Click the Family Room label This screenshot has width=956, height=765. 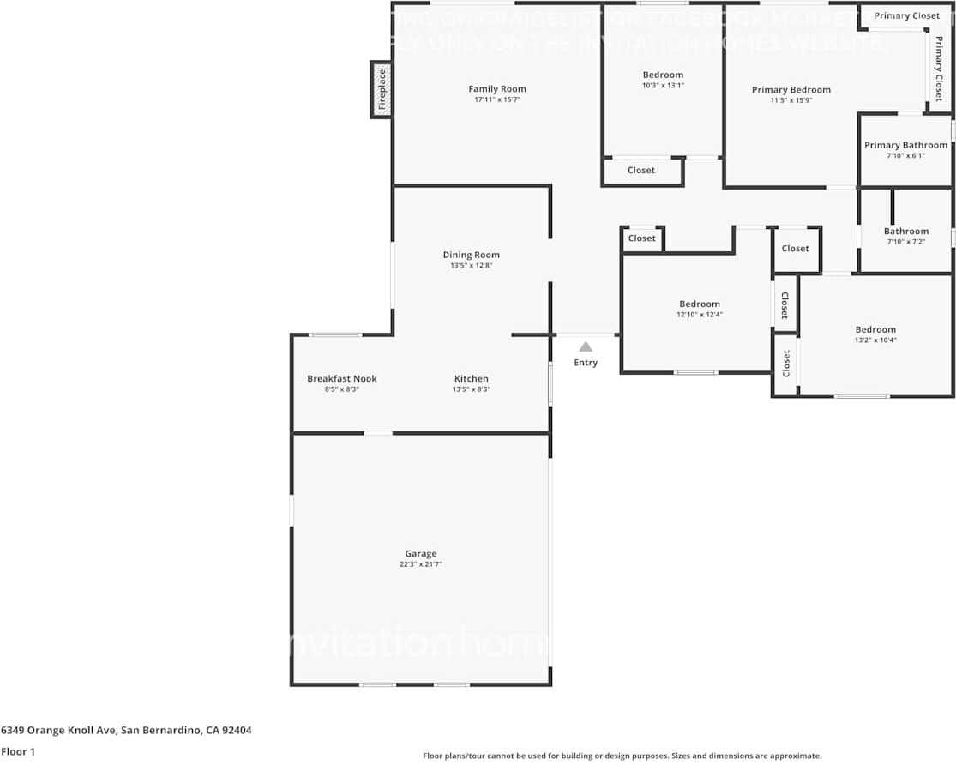tap(497, 89)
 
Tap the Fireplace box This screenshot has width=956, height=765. tap(382, 89)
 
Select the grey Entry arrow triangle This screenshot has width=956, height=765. tap(586, 347)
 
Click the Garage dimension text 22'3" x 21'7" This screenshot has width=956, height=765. tap(421, 564)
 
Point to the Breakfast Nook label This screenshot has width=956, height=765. tap(342, 379)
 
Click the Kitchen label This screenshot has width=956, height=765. tap(472, 379)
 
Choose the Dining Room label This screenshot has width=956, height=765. tap(472, 255)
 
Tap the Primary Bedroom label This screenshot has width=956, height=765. tap(791, 90)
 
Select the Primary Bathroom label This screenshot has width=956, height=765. tap(906, 145)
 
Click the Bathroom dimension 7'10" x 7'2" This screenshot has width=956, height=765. tap(906, 242)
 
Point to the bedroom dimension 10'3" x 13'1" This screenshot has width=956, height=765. tap(664, 86)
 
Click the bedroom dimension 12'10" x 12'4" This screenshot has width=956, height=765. tap(700, 315)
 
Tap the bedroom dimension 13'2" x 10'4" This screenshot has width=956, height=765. tap(875, 340)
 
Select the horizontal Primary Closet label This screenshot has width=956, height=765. tap(907, 15)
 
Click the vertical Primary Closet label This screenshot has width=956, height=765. tap(939, 69)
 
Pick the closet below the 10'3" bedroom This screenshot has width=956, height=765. tap(641, 171)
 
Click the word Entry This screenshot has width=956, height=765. tap(586, 363)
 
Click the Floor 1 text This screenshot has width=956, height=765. tap(19, 751)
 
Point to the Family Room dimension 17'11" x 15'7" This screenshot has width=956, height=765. tap(497, 99)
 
